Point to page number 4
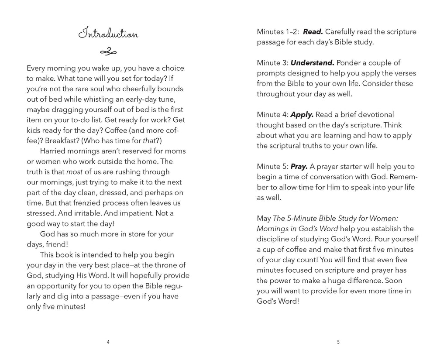(x=108, y=342)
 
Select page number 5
(x=338, y=342)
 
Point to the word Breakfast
(x=61, y=141)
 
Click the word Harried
(x=53, y=151)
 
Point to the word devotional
(x=374, y=115)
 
